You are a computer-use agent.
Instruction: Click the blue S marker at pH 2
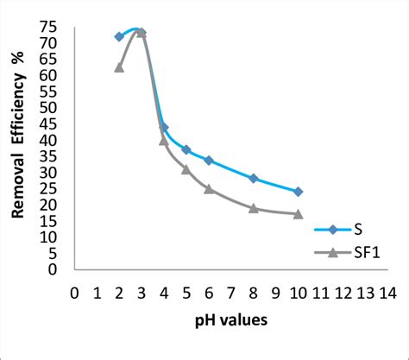pos(119,37)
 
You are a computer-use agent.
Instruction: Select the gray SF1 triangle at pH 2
pos(119,67)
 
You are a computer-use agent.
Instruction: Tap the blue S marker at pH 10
pos(298,192)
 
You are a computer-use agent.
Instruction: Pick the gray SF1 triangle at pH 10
pos(298,213)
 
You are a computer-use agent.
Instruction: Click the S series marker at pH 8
pos(253,179)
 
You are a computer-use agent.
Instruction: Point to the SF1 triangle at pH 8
pos(253,208)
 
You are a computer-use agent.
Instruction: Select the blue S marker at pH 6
pos(209,160)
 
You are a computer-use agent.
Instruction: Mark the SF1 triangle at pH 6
pos(209,188)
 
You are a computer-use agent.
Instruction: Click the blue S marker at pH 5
pos(186,150)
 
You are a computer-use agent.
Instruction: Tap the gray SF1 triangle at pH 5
pos(186,169)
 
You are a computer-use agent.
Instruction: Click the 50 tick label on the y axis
pos(49,108)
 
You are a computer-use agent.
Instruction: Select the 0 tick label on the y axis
pos(53,269)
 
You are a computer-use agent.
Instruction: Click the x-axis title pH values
pos(230,320)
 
